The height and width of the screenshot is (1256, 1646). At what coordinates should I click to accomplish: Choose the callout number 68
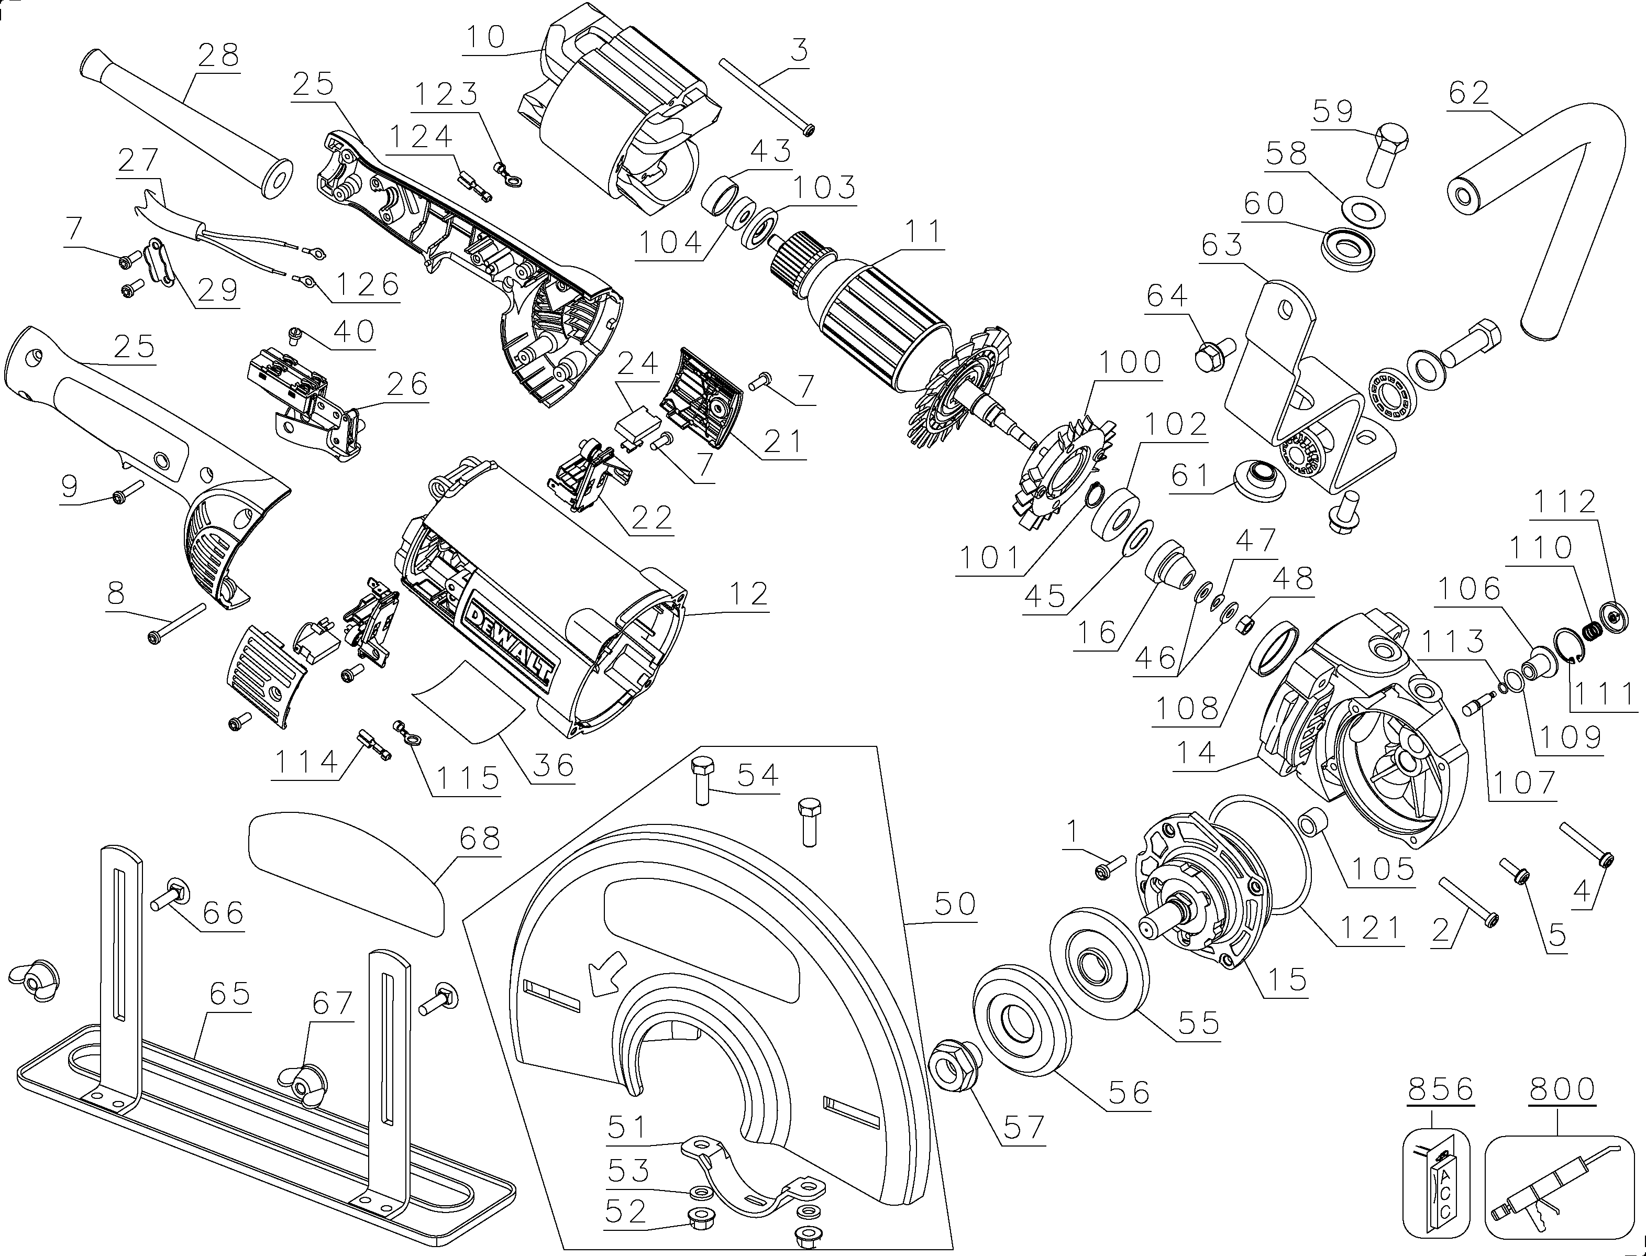click(x=479, y=840)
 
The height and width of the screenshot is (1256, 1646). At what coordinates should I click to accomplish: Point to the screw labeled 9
click(x=129, y=492)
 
